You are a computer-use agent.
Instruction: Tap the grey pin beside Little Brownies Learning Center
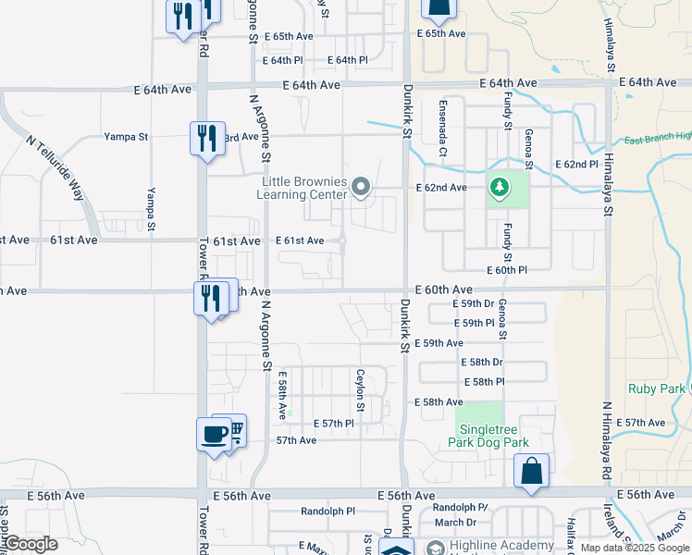[362, 189]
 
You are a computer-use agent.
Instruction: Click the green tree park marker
[499, 189]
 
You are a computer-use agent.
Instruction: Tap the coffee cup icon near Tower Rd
[214, 434]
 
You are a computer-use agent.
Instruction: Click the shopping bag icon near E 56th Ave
[531, 469]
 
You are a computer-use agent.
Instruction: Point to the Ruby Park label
[655, 389]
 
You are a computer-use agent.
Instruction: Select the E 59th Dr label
[477, 303]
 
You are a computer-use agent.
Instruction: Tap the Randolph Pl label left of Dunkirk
[327, 511]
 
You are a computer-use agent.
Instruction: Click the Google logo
[31, 543]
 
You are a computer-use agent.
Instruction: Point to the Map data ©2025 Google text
[634, 548]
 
